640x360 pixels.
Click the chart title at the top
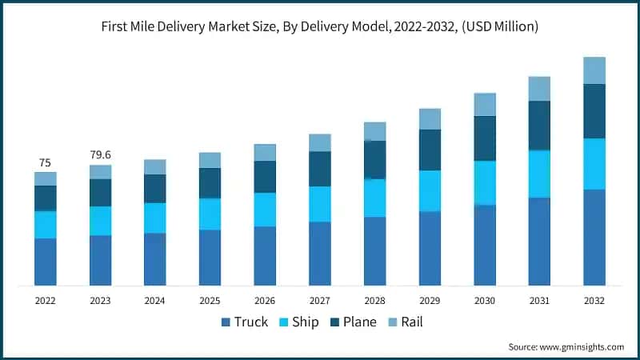[x=320, y=26]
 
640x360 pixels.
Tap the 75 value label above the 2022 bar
[x=45, y=162]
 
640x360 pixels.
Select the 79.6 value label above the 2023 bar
[x=100, y=155]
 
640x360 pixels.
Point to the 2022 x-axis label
[x=45, y=301]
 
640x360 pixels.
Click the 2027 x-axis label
[x=320, y=301]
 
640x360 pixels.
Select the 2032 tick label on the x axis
[x=594, y=301]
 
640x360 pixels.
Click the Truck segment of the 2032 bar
[x=594, y=237]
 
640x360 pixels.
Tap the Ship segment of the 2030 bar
[x=485, y=183]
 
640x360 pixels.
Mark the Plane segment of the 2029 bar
[x=430, y=150]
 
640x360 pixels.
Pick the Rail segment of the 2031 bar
[x=539, y=89]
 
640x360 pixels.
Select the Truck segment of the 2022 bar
[x=46, y=262]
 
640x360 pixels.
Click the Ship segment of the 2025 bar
[x=210, y=214]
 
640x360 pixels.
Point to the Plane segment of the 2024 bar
[x=155, y=189]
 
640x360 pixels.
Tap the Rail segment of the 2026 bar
[x=265, y=153]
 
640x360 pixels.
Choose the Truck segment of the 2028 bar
[x=374, y=250]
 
